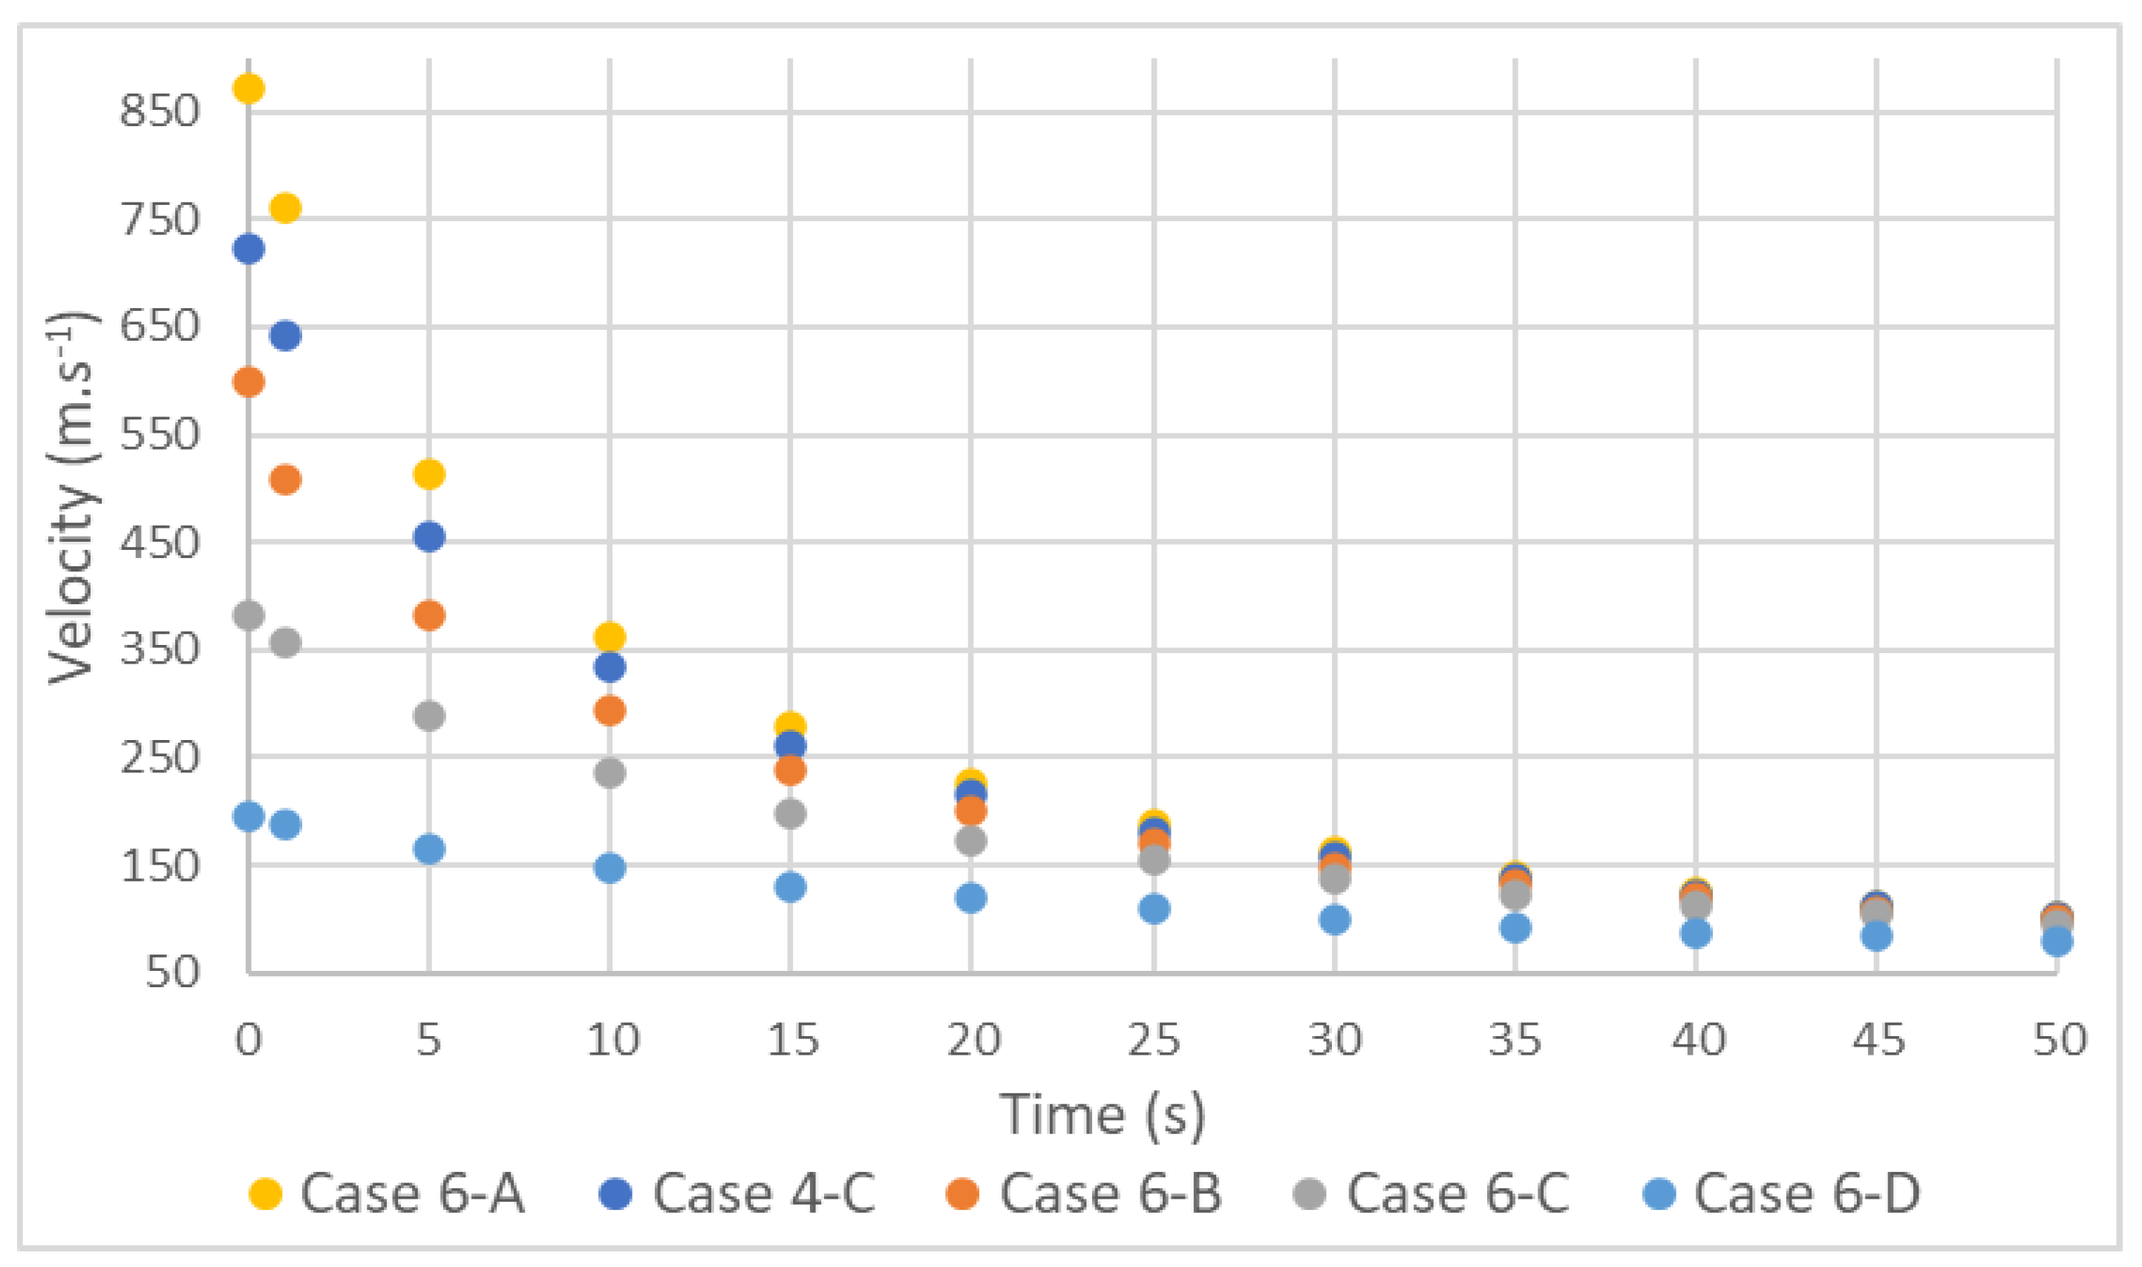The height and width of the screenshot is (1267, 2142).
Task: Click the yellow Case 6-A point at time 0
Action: pyautogui.click(x=249, y=88)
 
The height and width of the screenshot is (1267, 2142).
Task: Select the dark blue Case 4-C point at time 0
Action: pyautogui.click(x=249, y=249)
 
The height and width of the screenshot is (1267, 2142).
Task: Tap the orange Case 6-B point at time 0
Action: pyautogui.click(x=249, y=382)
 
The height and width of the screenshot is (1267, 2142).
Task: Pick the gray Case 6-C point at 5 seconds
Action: pyautogui.click(x=428, y=715)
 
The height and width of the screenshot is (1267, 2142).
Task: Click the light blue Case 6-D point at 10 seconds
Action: pyautogui.click(x=609, y=868)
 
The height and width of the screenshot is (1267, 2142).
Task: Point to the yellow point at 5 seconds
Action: pyautogui.click(x=428, y=473)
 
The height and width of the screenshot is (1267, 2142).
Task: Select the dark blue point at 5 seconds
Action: pyautogui.click(x=428, y=537)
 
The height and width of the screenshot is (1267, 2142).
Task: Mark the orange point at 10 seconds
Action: pyautogui.click(x=609, y=710)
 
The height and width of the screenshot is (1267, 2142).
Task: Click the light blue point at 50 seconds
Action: pyautogui.click(x=2057, y=942)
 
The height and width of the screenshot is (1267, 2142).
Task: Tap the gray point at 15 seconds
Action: pyautogui.click(x=790, y=813)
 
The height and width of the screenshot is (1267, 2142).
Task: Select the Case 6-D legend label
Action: pyautogui.click(x=1807, y=1194)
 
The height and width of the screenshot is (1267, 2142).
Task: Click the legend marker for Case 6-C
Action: pyautogui.click(x=1311, y=1194)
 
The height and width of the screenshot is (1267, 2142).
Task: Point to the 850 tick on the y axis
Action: pyautogui.click(x=160, y=111)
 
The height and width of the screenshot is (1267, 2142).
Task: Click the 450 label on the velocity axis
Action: pyautogui.click(x=160, y=542)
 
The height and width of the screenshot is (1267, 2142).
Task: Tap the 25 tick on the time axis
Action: pyautogui.click(x=1154, y=1040)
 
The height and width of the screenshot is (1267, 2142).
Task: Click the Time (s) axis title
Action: pyautogui.click(x=1102, y=1115)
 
